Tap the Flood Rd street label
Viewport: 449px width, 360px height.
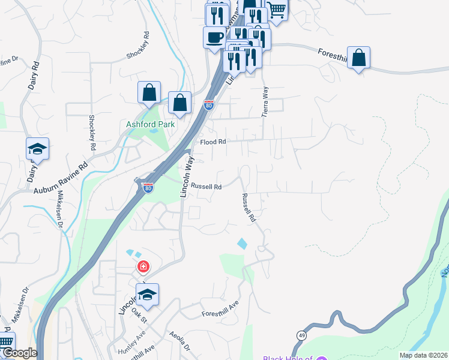pos(213,142)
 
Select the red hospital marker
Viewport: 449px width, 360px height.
pos(143,266)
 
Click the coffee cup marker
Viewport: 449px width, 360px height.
pos(215,38)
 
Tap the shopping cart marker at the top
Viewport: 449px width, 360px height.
pos(276,9)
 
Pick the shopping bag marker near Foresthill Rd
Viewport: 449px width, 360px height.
pos(358,58)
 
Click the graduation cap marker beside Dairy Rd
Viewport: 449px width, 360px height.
pos(37,149)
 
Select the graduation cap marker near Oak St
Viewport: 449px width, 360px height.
pos(147,295)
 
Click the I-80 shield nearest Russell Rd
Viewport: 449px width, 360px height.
pos(148,188)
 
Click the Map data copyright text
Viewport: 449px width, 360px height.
pos(424,355)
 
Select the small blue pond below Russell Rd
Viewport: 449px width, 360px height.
pos(243,244)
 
